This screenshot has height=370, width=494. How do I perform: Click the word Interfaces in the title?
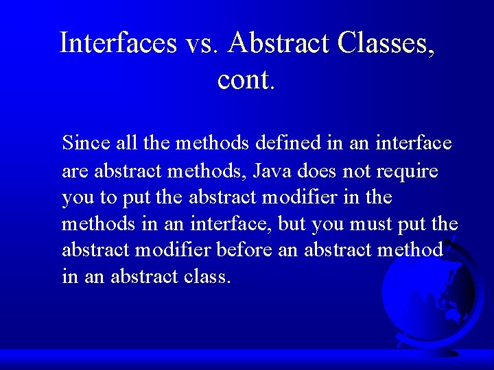tap(119, 42)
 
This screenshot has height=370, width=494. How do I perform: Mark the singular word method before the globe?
tap(410, 250)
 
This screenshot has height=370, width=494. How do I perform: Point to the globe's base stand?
tap(439, 351)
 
